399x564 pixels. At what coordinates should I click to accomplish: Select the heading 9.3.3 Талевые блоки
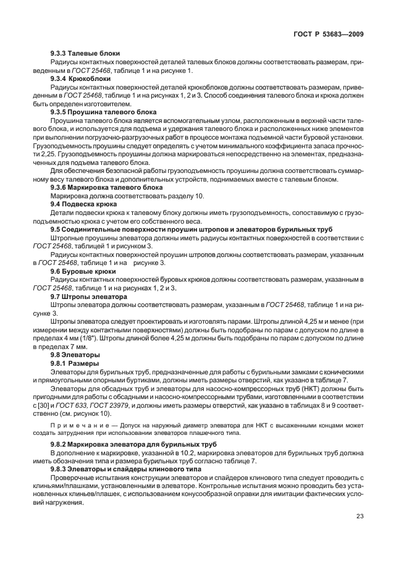point(85,54)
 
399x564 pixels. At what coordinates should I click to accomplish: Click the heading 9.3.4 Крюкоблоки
point(80,78)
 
